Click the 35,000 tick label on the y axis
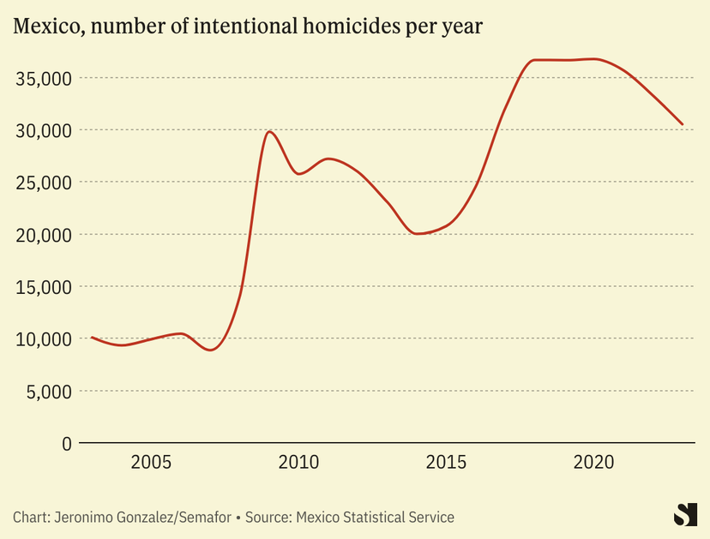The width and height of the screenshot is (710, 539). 42,79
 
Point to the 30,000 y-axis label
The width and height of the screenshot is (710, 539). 42,130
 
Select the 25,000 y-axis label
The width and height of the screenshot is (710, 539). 42,183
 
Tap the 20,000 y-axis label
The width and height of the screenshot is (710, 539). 42,235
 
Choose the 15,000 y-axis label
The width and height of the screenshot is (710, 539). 42,287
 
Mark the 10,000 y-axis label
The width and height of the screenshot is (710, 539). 42,339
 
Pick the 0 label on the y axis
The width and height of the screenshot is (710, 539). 66,444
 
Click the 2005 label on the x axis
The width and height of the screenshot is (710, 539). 151,463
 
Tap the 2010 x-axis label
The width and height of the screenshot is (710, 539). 298,463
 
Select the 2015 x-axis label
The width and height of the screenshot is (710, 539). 445,463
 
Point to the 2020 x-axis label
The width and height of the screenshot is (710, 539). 593,463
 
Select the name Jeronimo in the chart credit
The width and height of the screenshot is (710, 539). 84,518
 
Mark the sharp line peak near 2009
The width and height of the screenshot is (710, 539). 269,131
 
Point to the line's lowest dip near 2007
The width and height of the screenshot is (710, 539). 211,350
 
